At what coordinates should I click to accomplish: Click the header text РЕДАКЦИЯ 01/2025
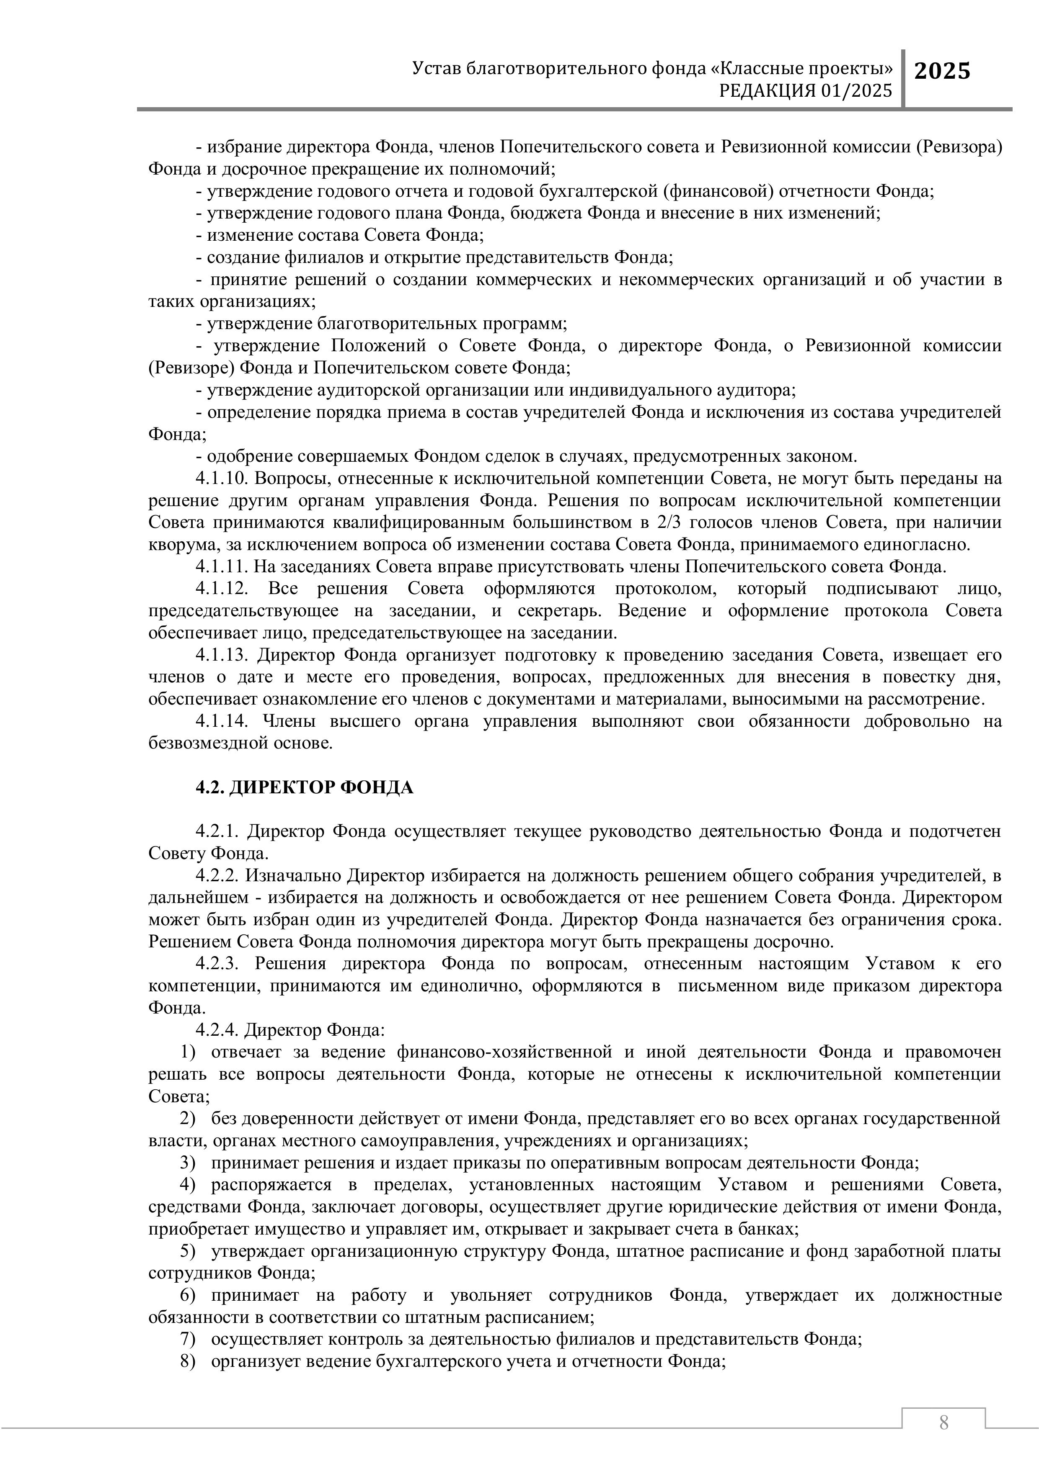[805, 91]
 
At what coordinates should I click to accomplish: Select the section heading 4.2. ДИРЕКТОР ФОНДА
[304, 787]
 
